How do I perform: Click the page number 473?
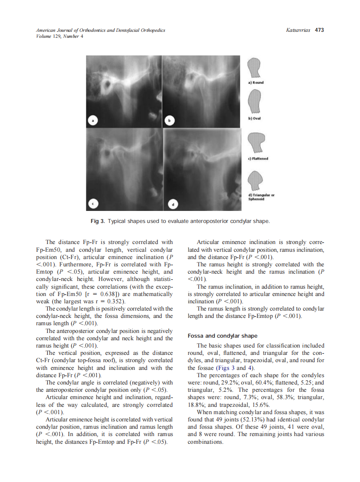(319, 30)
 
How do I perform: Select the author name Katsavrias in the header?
(298, 30)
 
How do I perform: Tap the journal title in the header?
(101, 30)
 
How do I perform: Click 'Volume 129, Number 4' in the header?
(60, 36)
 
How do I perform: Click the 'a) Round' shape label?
(256, 82)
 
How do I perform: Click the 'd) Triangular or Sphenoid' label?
(262, 197)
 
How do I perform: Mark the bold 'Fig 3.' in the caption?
(98, 221)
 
